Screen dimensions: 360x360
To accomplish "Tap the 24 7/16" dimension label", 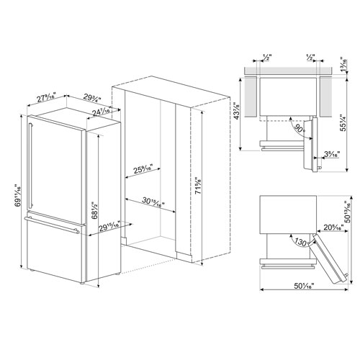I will point(101,112).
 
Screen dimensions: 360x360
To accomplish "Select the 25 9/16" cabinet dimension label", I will point(148,170).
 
